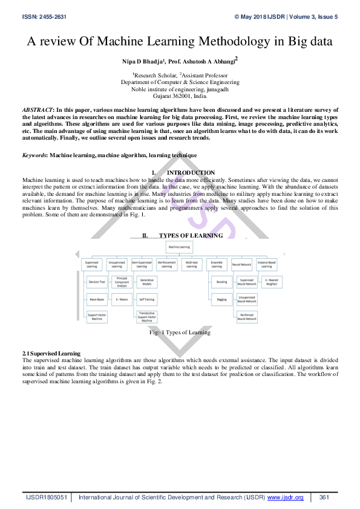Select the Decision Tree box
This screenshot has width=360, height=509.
pyautogui.click(x=97, y=282)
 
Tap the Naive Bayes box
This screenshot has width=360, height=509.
pyautogui.click(x=97, y=299)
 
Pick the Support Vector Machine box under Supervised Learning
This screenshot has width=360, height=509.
pyautogui.click(x=97, y=317)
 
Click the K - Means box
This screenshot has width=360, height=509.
pyautogui.click(x=122, y=299)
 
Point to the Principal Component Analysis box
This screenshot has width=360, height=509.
pyautogui.click(x=122, y=281)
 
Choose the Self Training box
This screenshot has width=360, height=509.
pyautogui.click(x=146, y=299)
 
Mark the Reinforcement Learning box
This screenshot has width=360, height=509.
pyautogui.click(x=166, y=264)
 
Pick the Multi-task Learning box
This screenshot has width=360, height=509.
pyautogui.click(x=191, y=264)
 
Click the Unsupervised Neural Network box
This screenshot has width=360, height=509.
pyautogui.click(x=246, y=299)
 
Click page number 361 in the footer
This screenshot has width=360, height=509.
pyautogui.click(x=324, y=497)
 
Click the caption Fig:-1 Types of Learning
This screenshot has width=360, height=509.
pyautogui.click(x=180, y=332)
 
